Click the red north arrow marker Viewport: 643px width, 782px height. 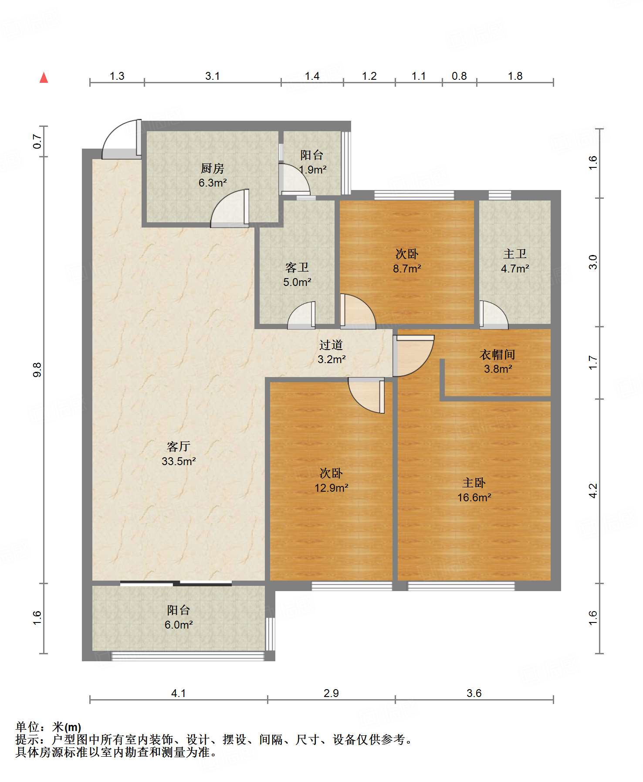click(x=44, y=78)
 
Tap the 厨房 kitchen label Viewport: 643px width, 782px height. click(x=212, y=168)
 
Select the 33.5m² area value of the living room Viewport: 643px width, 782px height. click(x=179, y=461)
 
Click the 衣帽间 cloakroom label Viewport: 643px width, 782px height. click(x=497, y=354)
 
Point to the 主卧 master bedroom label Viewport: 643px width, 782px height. click(x=474, y=483)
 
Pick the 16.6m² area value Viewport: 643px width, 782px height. click(x=474, y=497)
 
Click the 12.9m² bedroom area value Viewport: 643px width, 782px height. click(x=331, y=488)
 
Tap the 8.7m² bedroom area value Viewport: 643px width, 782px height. click(x=407, y=269)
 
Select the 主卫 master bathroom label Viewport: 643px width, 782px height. click(x=515, y=254)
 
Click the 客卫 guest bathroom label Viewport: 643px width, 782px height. click(x=297, y=267)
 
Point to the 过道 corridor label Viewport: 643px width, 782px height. click(x=331, y=345)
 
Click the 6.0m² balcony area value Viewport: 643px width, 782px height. click(x=179, y=625)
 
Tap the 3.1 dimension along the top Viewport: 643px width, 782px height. click(x=212, y=76)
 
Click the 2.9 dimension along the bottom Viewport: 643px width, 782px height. click(x=331, y=693)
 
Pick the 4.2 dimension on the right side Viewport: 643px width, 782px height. click(x=593, y=491)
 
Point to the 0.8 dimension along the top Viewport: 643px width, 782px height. click(x=459, y=76)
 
